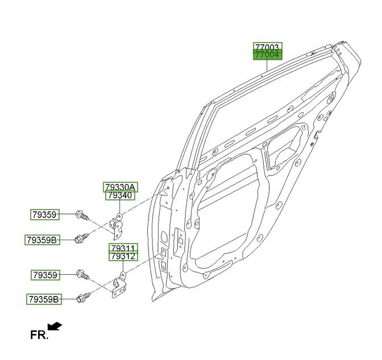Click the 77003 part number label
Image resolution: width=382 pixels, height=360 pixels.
click(267, 47)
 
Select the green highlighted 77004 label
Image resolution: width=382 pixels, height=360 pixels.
click(267, 55)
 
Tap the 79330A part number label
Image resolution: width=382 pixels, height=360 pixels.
click(119, 187)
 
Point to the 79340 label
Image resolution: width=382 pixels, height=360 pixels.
click(119, 195)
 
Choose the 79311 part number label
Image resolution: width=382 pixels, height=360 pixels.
click(123, 248)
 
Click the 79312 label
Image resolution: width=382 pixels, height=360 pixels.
click(123, 257)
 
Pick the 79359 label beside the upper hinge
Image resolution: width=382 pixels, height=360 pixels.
click(45, 215)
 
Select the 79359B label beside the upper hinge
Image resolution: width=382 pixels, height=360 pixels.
click(42, 240)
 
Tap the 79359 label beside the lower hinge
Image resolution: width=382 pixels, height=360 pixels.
click(45, 275)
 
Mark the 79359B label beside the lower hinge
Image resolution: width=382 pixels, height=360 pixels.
click(44, 299)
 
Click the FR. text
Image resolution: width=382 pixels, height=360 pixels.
click(39, 335)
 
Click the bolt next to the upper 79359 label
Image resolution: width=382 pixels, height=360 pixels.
click(82, 215)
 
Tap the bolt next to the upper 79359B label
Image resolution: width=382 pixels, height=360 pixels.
click(81, 238)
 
